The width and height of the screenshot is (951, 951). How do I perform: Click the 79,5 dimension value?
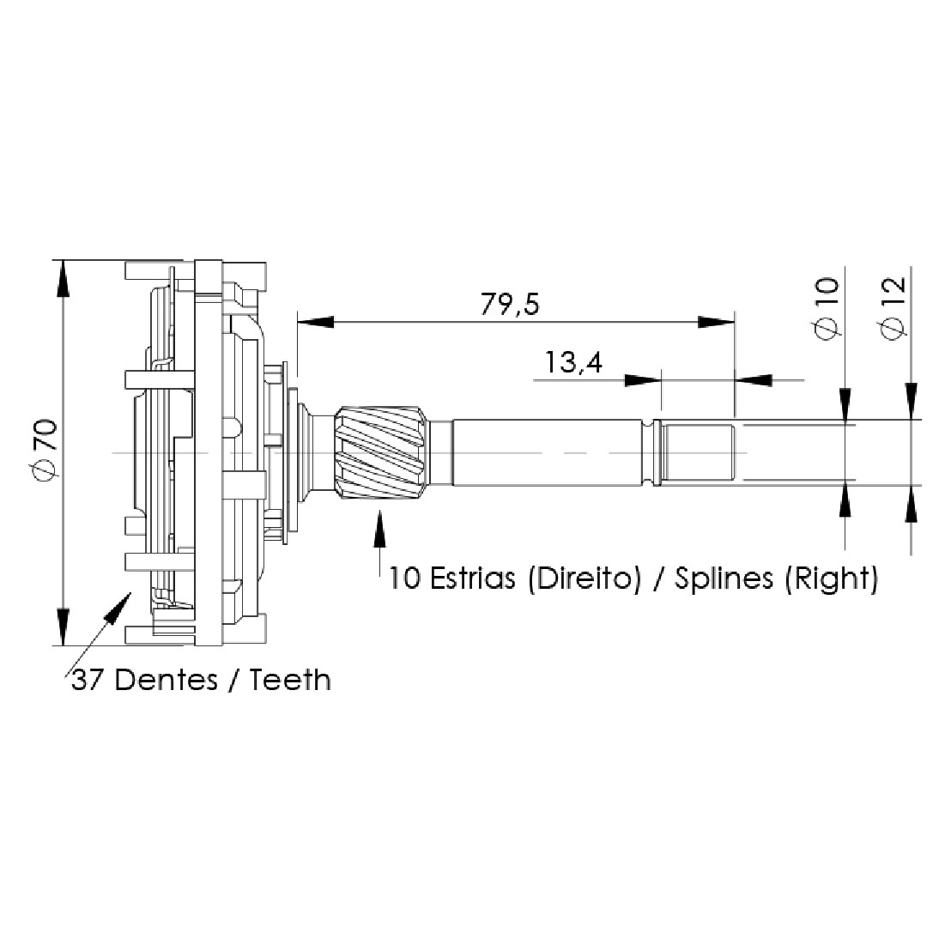(x=510, y=304)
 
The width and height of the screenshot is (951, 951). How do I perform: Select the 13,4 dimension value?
(x=573, y=363)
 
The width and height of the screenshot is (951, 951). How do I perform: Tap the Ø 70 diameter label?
(x=46, y=451)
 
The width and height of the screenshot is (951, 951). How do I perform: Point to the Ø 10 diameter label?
(x=826, y=309)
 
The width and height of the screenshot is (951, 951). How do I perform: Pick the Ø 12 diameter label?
(x=893, y=309)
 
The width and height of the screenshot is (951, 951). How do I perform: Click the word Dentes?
(x=167, y=680)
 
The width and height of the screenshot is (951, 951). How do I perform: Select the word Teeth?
(x=290, y=680)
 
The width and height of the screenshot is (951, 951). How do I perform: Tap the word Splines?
(x=724, y=579)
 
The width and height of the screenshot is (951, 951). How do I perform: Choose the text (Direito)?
(x=585, y=579)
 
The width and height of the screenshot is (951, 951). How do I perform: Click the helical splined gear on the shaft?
(x=381, y=452)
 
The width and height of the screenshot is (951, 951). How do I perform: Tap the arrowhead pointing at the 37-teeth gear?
(x=118, y=607)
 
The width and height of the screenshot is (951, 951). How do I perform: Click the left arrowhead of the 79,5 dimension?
(x=315, y=322)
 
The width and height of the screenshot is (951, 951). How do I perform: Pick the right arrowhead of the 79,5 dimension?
(x=716, y=322)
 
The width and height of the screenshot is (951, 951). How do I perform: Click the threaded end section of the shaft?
(x=698, y=452)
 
